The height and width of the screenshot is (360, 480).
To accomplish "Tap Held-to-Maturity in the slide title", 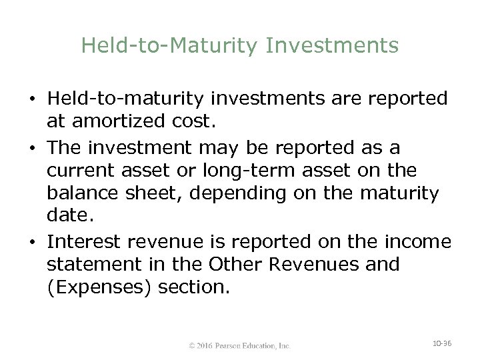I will coord(172,45).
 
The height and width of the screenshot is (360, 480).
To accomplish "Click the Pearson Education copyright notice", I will coord(239,345).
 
